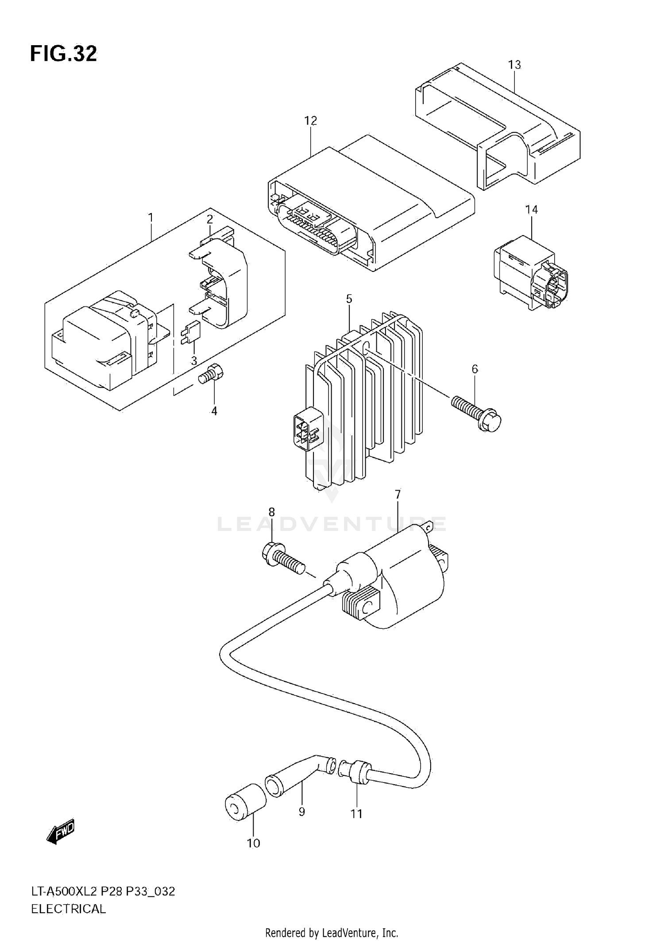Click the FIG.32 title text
(x=63, y=54)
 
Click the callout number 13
(x=514, y=65)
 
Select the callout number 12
(x=310, y=120)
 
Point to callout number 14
(x=531, y=209)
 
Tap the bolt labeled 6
(x=476, y=409)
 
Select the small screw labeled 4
(x=212, y=375)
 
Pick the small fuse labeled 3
(x=191, y=332)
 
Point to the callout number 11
(x=356, y=813)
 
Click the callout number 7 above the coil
(x=398, y=494)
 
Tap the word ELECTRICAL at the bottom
(x=68, y=909)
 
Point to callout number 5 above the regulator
(x=349, y=299)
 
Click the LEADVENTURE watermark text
(x=332, y=524)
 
